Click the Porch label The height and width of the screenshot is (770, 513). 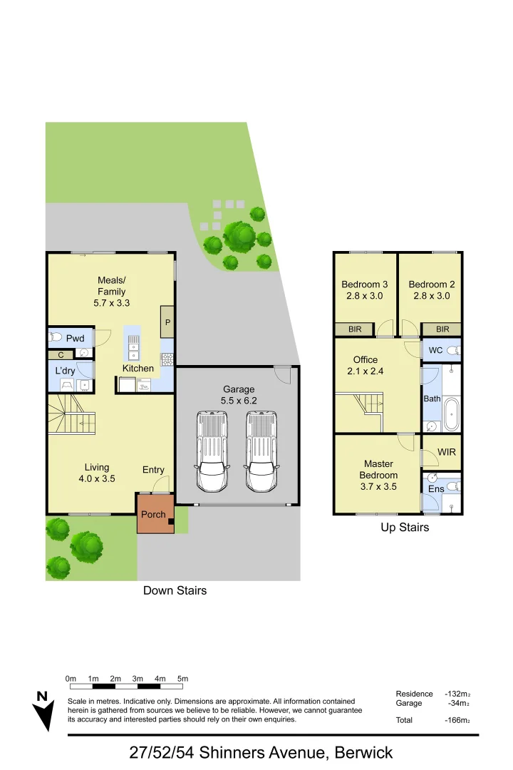pyautogui.click(x=153, y=514)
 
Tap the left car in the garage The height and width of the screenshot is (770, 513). pyautogui.click(x=212, y=452)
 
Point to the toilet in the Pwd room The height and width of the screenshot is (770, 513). pyautogui.click(x=57, y=338)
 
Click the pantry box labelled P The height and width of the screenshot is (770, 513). pyautogui.click(x=167, y=322)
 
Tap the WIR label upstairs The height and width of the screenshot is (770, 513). pyautogui.click(x=447, y=452)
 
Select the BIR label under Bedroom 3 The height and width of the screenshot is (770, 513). pyautogui.click(x=354, y=329)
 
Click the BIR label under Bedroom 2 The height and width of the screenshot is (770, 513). pyautogui.click(x=442, y=329)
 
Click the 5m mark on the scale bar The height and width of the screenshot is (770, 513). pyautogui.click(x=182, y=678)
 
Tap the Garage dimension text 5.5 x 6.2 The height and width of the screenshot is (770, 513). pyautogui.click(x=239, y=401)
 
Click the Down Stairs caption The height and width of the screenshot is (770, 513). pyautogui.click(x=175, y=590)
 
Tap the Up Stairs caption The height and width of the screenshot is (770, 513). pyautogui.click(x=404, y=528)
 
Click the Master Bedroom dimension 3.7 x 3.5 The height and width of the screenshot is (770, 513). pyautogui.click(x=378, y=487)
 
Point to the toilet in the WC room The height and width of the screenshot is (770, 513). pyautogui.click(x=452, y=350)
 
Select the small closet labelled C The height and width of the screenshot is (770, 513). pyautogui.click(x=61, y=354)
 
